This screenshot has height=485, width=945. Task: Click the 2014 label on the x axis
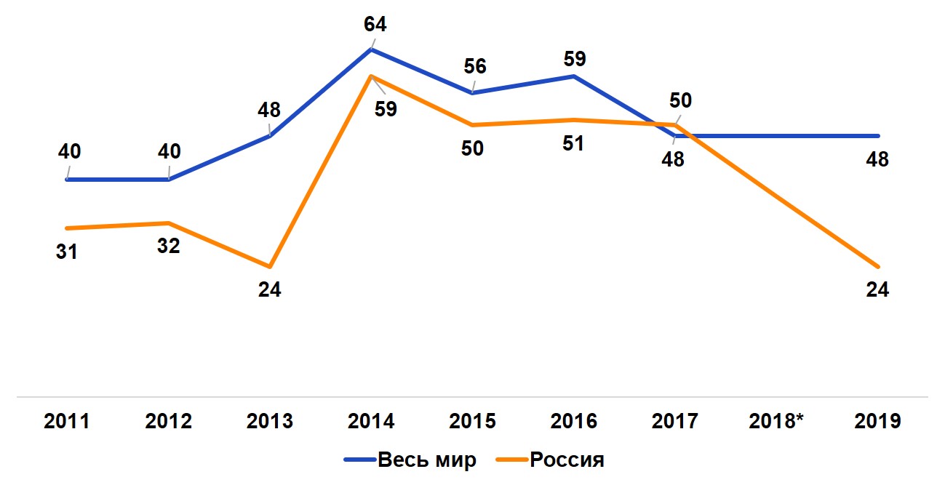click(x=372, y=422)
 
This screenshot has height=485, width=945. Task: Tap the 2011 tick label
click(x=67, y=422)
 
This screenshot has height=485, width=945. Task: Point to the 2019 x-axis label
click(x=878, y=422)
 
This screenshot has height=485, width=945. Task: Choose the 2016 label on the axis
click(x=575, y=422)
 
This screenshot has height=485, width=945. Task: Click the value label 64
click(x=375, y=24)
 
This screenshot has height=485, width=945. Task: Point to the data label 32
click(x=169, y=246)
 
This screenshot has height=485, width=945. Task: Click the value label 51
click(x=574, y=143)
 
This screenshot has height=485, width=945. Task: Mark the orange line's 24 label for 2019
click(x=878, y=289)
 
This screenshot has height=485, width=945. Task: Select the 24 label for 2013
click(x=270, y=289)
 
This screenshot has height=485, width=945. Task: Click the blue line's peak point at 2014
click(x=372, y=49)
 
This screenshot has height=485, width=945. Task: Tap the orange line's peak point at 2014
click(x=372, y=76)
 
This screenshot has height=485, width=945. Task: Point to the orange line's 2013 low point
click(x=270, y=266)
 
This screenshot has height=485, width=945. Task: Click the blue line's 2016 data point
click(x=575, y=76)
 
